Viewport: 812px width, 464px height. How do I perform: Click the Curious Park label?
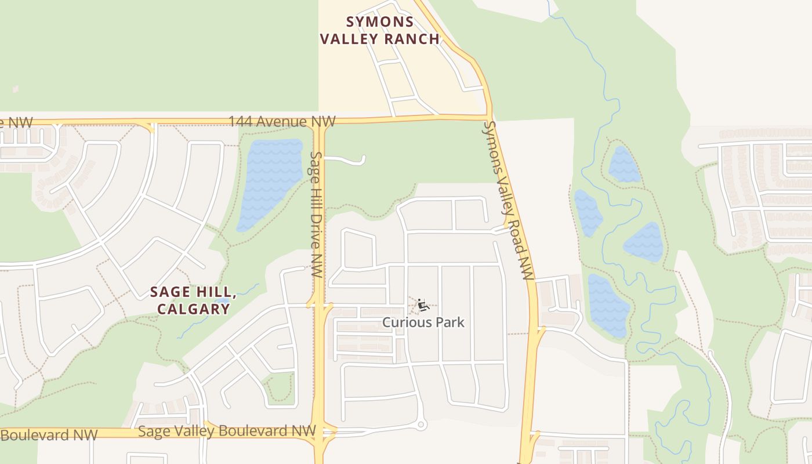(x=423, y=322)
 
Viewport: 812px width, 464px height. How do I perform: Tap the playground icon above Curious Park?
(x=423, y=304)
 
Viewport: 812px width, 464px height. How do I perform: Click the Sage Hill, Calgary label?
(x=193, y=300)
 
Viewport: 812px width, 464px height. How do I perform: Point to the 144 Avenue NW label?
(x=282, y=122)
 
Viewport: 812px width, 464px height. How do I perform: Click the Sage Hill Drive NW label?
(x=316, y=214)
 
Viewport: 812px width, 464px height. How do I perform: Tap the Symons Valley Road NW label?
(x=509, y=200)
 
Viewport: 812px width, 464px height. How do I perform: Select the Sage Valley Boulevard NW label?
(x=227, y=431)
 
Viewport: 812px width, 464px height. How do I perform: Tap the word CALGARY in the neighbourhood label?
(x=193, y=309)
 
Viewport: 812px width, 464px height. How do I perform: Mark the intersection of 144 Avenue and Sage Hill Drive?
(x=320, y=121)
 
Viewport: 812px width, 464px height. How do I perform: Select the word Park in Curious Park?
(x=452, y=322)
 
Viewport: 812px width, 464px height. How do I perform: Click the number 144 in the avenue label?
(x=241, y=122)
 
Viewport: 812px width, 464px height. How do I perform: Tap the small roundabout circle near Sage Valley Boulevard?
(x=422, y=425)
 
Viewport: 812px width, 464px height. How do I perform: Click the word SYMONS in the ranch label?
(x=380, y=22)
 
